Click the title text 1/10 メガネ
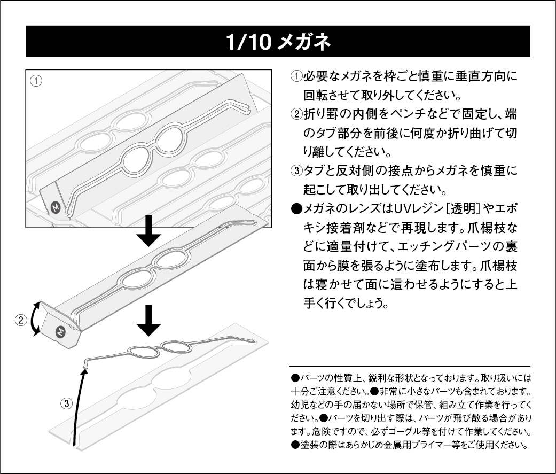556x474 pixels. click(278, 41)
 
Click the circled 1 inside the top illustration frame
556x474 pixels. click(36, 81)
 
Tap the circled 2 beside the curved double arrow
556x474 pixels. click(20, 320)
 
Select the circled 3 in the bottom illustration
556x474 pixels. click(65, 403)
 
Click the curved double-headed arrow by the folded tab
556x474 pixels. click(35, 318)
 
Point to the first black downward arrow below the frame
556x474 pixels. click(149, 231)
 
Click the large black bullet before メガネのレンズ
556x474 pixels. click(296, 209)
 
